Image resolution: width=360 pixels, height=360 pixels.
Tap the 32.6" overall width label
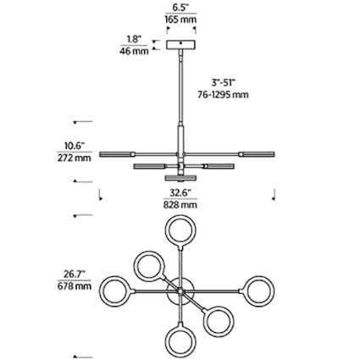tap(180, 192)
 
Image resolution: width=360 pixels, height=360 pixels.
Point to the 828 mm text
tap(180, 204)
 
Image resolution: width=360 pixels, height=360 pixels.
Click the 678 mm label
tap(75, 286)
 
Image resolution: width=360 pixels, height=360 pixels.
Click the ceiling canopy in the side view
tap(180, 44)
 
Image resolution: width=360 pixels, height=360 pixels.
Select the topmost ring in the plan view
tap(180, 230)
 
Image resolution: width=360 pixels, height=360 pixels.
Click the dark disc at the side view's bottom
tap(180, 179)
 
